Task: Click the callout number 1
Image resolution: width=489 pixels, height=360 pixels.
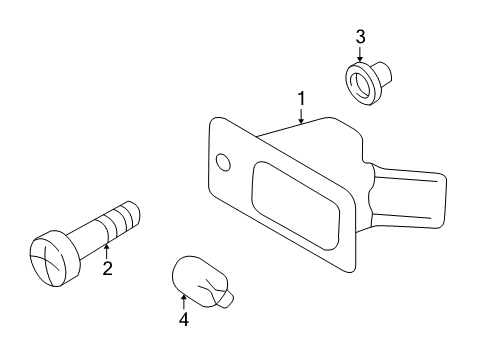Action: click(x=301, y=99)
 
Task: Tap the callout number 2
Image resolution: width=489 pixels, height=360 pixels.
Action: click(x=107, y=268)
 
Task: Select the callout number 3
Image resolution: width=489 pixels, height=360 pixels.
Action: click(x=360, y=37)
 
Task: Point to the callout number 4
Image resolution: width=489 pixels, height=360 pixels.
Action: click(x=184, y=319)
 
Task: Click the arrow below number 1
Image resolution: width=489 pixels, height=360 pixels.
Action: click(x=301, y=115)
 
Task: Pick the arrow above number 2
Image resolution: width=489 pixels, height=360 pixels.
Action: click(x=107, y=252)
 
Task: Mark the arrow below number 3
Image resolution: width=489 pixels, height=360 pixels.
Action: click(x=360, y=54)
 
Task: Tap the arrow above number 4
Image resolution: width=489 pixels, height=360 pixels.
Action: click(x=184, y=303)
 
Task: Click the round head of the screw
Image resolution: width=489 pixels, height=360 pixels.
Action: click(x=55, y=258)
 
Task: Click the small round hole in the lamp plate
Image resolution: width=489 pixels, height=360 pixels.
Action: click(x=223, y=162)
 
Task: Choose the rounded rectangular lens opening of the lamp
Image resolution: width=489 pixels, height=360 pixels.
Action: click(x=296, y=205)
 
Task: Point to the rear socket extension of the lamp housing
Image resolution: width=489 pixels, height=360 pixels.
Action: click(x=408, y=198)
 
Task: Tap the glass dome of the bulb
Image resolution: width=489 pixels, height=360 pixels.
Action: click(x=196, y=279)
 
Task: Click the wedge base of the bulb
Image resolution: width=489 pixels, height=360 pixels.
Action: click(x=227, y=299)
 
